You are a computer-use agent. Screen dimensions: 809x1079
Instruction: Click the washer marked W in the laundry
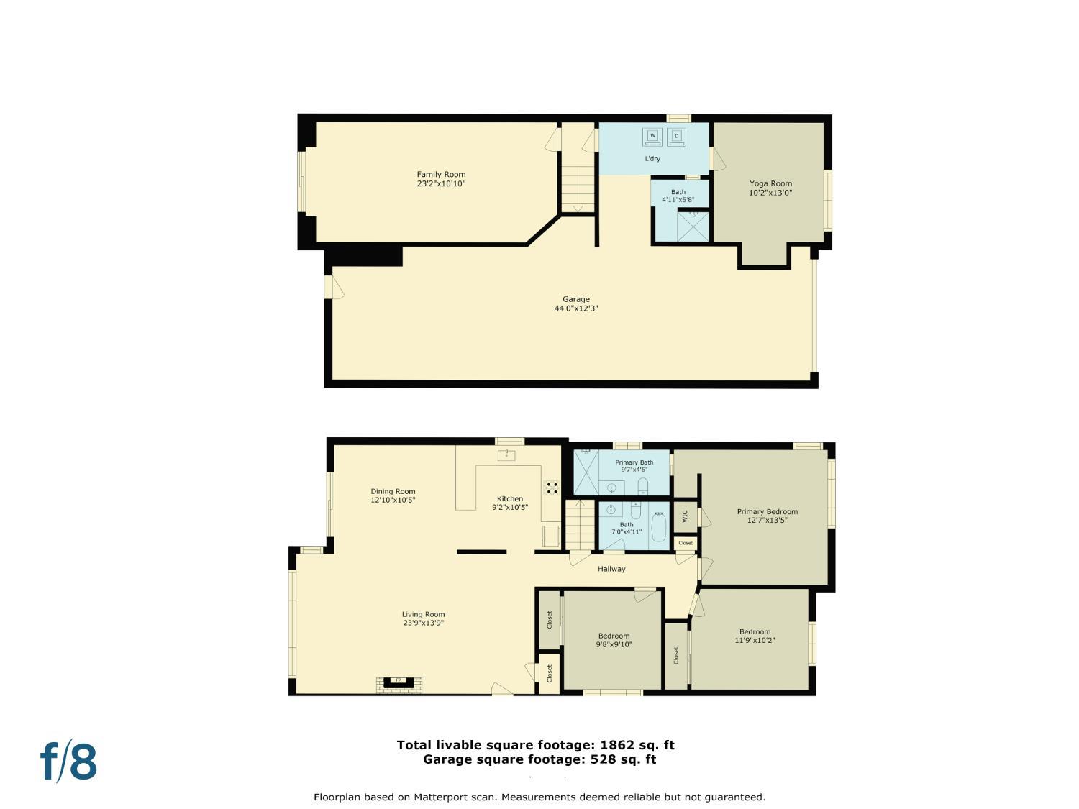pos(653,136)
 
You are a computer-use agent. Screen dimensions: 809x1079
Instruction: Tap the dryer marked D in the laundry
pos(676,136)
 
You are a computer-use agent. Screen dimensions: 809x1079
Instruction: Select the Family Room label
pos(441,174)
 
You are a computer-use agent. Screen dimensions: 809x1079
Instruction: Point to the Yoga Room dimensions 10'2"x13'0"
pos(770,193)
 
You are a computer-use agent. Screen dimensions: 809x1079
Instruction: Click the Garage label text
pos(575,299)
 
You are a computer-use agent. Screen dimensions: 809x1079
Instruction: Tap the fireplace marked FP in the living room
pos(399,681)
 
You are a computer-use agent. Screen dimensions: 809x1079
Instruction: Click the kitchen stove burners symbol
pos(551,487)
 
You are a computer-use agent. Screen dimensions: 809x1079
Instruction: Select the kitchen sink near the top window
pos(506,454)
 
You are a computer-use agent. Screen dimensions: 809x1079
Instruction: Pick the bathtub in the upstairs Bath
pos(658,526)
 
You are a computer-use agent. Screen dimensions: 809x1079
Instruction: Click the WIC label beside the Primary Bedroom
pos(684,516)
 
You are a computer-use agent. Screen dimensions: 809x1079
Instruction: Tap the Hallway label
pos(611,569)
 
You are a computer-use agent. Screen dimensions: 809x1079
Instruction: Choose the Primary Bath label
pos(634,462)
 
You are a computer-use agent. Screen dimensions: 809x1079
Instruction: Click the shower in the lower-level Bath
pos(693,226)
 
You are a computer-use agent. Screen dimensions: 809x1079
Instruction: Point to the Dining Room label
pos(393,492)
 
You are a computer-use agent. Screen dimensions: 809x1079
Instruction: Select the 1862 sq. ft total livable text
pos(535,745)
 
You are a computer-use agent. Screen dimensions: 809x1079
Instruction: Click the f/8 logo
pos(68,762)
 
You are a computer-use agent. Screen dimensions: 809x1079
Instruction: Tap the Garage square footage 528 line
pos(539,759)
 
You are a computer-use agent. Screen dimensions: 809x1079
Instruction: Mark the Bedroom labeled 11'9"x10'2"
pos(755,636)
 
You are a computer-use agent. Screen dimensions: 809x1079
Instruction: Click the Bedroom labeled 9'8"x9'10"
pos(614,640)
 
